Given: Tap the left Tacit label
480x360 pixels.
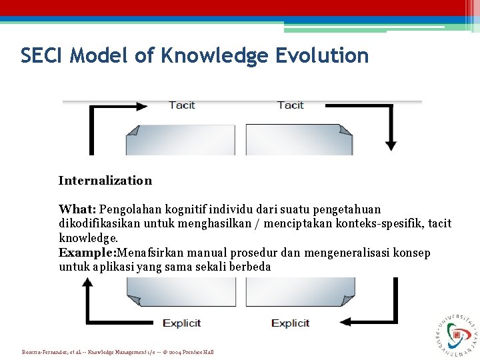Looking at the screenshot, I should (181, 105).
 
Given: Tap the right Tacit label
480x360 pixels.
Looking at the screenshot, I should (290, 105).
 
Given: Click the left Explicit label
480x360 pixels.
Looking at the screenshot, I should (181, 323).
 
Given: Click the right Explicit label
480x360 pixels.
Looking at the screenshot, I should (290, 323).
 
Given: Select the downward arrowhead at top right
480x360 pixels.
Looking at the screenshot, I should (391, 145).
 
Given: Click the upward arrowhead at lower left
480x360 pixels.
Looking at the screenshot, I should (87, 283).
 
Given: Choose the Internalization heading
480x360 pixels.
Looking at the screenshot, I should (105, 181).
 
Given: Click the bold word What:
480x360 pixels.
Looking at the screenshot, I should (77, 209).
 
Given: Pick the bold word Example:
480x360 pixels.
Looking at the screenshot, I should (87, 253).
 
